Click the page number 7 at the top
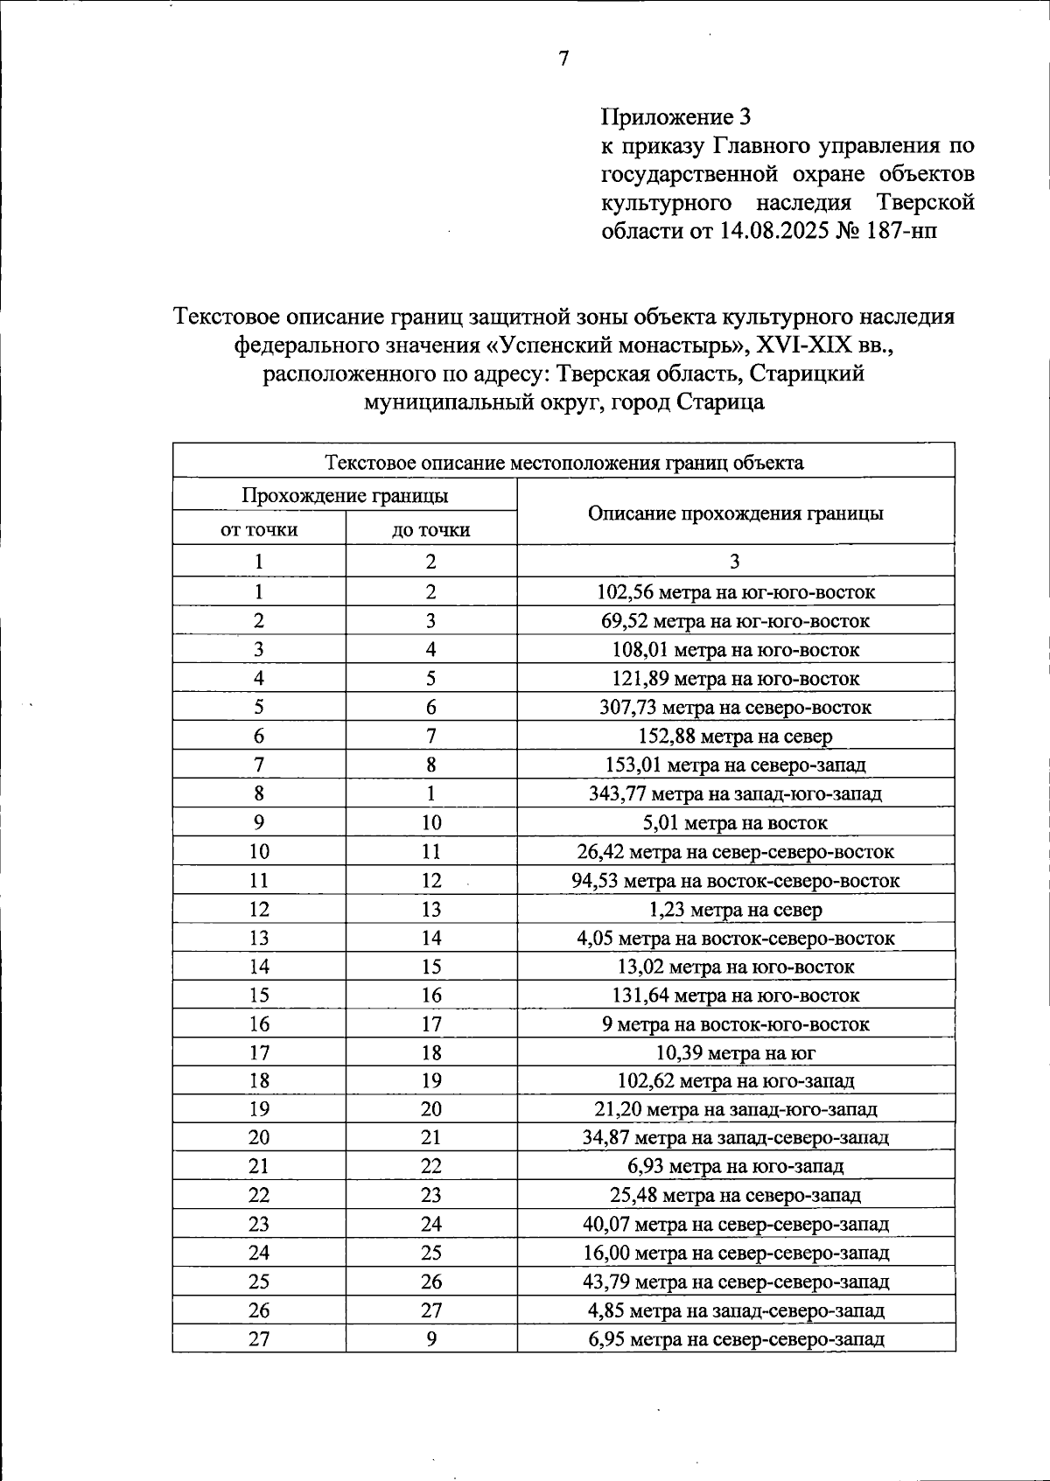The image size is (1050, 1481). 563,59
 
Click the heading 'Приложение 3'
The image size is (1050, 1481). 675,116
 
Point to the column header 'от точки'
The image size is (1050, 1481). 259,529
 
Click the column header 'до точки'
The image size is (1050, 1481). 431,529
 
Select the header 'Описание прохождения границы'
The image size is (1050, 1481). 735,513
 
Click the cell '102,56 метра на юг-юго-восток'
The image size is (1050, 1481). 735,592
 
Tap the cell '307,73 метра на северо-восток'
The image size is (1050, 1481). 735,707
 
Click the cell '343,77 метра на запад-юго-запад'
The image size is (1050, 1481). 735,793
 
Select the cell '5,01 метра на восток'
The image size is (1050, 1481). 735,822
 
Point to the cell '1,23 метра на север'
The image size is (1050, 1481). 735,909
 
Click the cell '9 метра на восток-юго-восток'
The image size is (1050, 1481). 735,1023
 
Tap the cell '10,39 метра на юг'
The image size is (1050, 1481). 735,1052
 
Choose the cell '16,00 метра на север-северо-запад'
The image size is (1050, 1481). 735,1253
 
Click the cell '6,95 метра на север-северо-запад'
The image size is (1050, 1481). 735,1338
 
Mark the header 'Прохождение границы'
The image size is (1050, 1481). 345,496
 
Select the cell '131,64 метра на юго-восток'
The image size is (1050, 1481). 735,995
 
